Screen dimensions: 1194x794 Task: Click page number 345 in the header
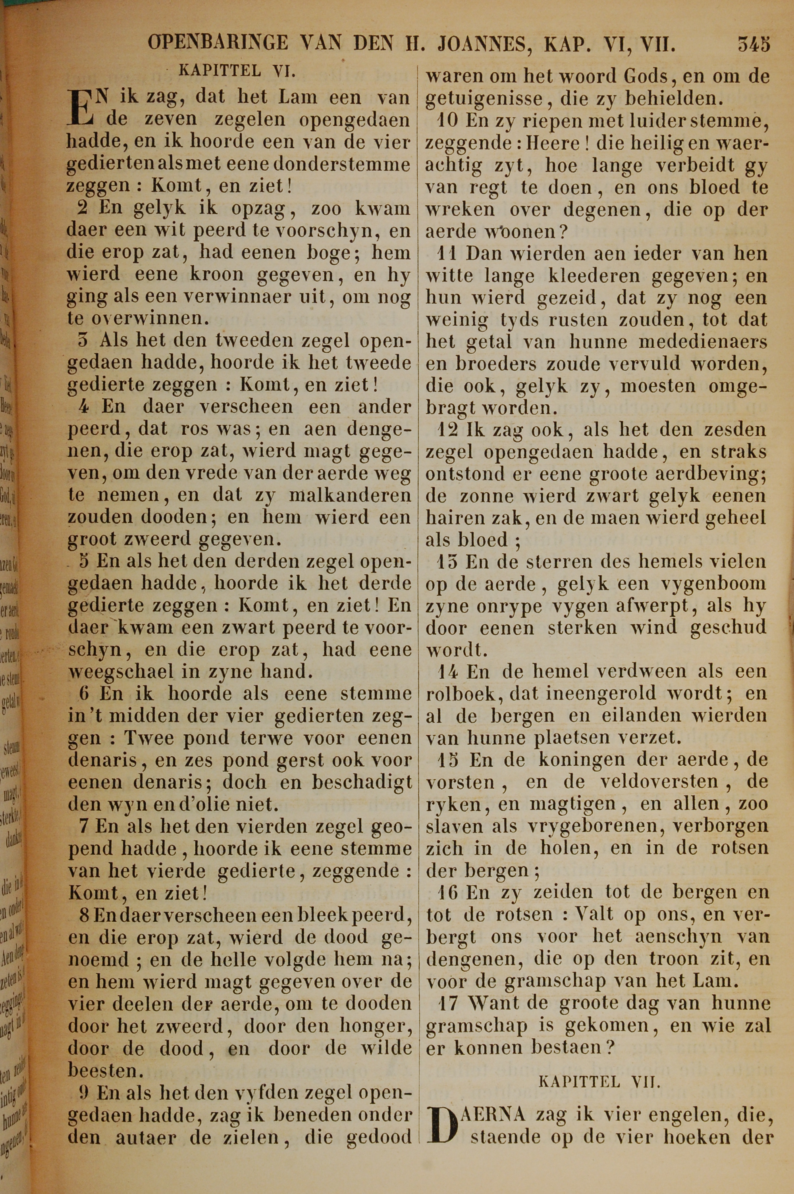[754, 44]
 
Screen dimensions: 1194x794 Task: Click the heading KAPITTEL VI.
[238, 71]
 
